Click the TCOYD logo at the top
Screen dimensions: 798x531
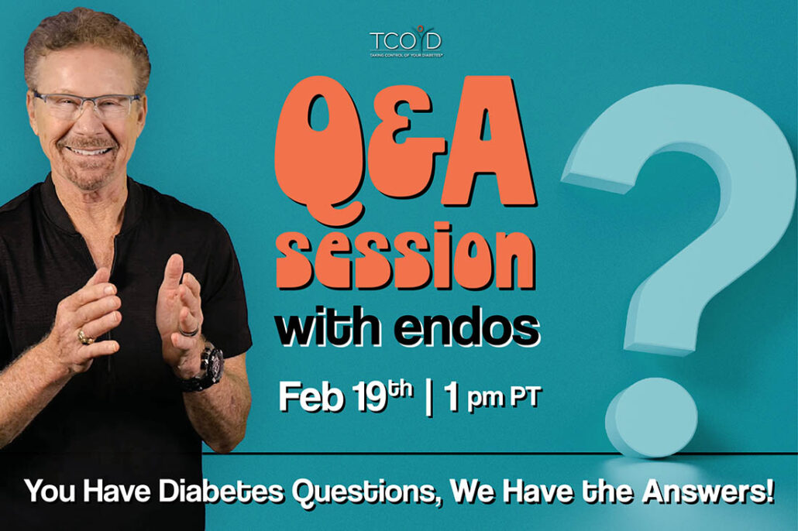click(x=406, y=41)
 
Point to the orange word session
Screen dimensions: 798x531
click(x=405, y=257)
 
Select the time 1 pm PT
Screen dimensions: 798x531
click(x=490, y=396)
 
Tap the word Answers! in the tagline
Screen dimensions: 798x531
click(x=708, y=492)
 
